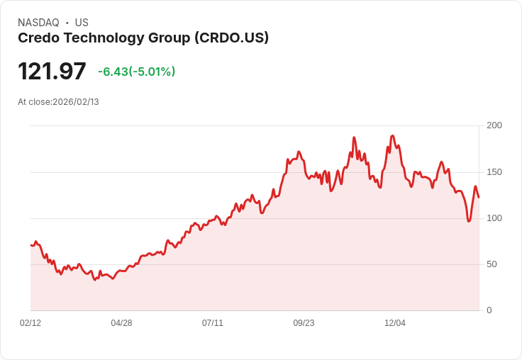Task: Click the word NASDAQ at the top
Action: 38,23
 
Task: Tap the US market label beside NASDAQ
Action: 82,23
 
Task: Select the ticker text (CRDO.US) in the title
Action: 231,38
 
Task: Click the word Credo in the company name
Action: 39,38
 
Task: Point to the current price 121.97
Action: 52,72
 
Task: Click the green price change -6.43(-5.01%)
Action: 136,72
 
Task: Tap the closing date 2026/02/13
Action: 76,102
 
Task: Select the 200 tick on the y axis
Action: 494,125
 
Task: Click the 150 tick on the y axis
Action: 494,172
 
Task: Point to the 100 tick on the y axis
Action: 494,218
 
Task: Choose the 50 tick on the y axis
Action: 492,264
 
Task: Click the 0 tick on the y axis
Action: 489,310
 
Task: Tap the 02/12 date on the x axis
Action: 30,323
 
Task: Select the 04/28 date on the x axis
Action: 121,323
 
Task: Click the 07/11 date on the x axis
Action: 213,323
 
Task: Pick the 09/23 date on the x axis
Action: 304,323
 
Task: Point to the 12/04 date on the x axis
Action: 395,323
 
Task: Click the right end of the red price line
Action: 479,197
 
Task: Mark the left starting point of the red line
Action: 31,245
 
